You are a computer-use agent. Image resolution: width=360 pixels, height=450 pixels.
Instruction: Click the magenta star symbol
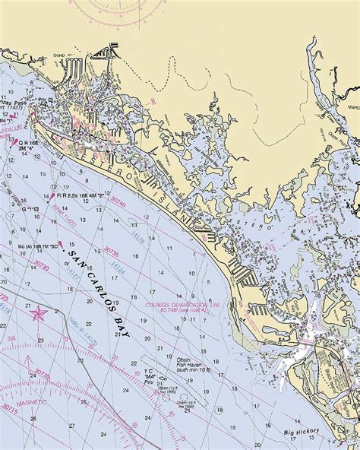36,310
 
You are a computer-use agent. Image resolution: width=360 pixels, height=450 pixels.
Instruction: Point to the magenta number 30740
117,204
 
